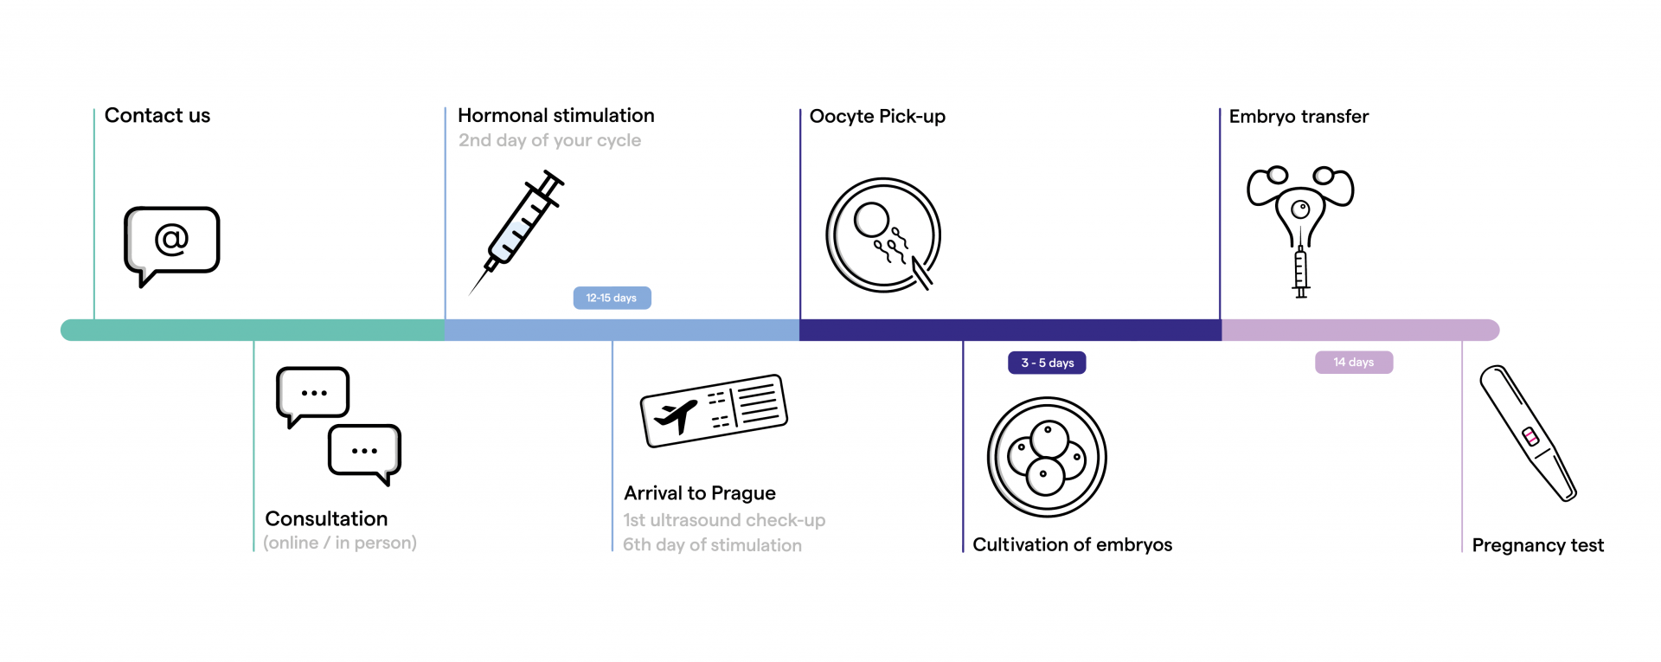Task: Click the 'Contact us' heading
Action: pyautogui.click(x=157, y=116)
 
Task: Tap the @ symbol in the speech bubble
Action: pyautogui.click(x=171, y=238)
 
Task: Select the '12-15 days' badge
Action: pyautogui.click(x=612, y=298)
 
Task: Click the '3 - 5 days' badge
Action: pyautogui.click(x=1047, y=363)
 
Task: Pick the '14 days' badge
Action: pyautogui.click(x=1354, y=362)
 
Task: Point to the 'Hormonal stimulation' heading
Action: pyautogui.click(x=555, y=116)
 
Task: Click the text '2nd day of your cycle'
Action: pyautogui.click(x=549, y=140)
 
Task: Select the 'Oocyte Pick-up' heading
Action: pyautogui.click(x=877, y=117)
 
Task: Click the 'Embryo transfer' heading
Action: pyautogui.click(x=1299, y=117)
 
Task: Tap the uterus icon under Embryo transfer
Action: pyautogui.click(x=1300, y=208)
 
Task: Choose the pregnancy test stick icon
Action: pyautogui.click(x=1529, y=434)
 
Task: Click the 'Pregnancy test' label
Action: pyautogui.click(x=1537, y=545)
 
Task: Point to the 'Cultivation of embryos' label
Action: pyautogui.click(x=1072, y=544)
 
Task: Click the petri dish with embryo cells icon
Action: pyautogui.click(x=1047, y=457)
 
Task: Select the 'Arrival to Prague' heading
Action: pyautogui.click(x=700, y=493)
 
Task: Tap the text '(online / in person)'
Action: pyautogui.click(x=340, y=543)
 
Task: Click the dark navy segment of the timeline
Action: pyautogui.click(x=1010, y=330)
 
